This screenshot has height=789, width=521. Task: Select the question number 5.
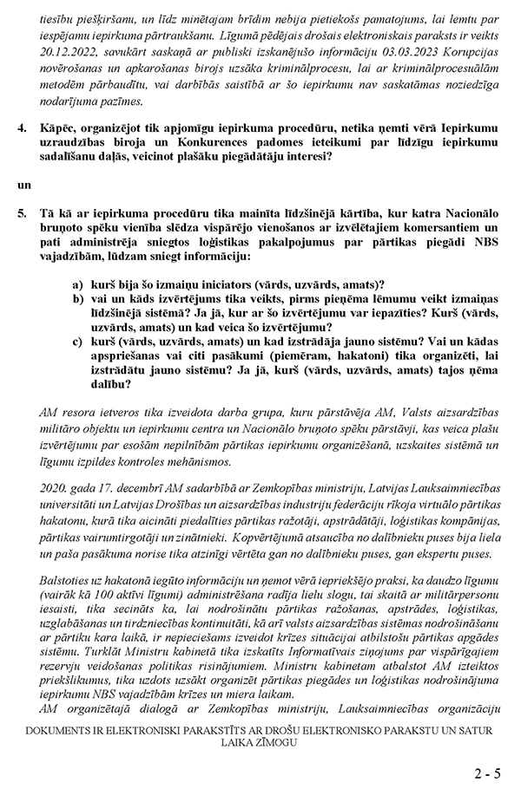pos(23,212)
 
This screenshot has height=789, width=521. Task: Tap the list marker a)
pos(78,285)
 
